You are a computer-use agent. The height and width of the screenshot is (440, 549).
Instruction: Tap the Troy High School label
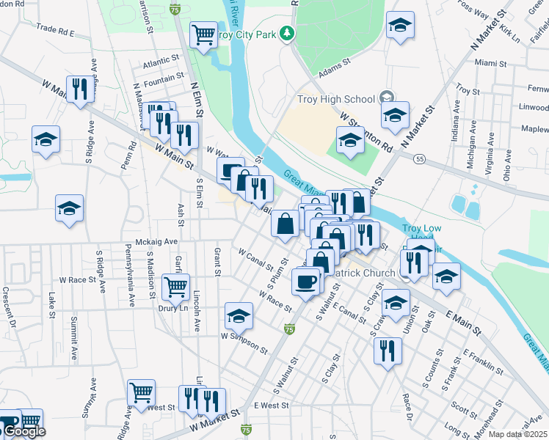[336, 99]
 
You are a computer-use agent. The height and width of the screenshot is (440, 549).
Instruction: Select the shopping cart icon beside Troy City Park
[203, 34]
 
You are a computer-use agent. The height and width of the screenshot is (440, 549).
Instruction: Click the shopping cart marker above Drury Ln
[175, 287]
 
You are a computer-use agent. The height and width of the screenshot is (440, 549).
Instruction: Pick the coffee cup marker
[305, 281]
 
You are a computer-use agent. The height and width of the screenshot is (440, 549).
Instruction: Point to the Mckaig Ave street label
[157, 241]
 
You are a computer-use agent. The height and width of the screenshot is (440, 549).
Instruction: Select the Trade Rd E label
[56, 32]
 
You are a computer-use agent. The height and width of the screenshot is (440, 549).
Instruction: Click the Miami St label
[491, 63]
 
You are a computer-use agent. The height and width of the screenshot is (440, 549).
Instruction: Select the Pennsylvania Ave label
[131, 278]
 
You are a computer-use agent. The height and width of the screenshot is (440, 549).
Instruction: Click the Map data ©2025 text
[517, 435]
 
